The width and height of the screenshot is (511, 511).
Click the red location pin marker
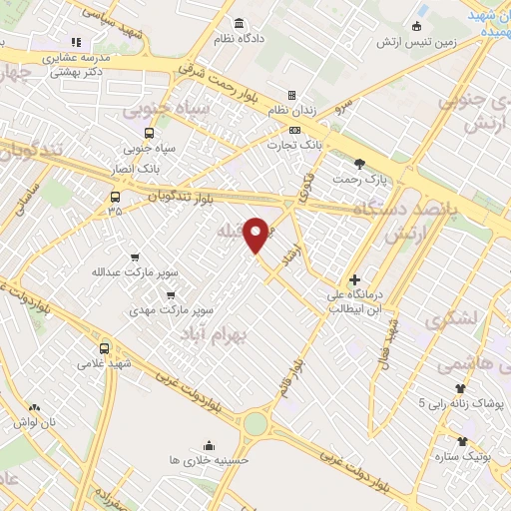coord(256,235)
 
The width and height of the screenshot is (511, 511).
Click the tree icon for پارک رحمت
coord(358,163)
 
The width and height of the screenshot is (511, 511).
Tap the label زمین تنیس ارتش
coord(416,42)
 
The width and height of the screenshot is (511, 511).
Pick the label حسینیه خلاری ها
coord(208,460)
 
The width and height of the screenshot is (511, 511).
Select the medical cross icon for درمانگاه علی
coord(354,279)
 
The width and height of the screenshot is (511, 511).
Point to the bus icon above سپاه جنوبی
coord(149,132)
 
